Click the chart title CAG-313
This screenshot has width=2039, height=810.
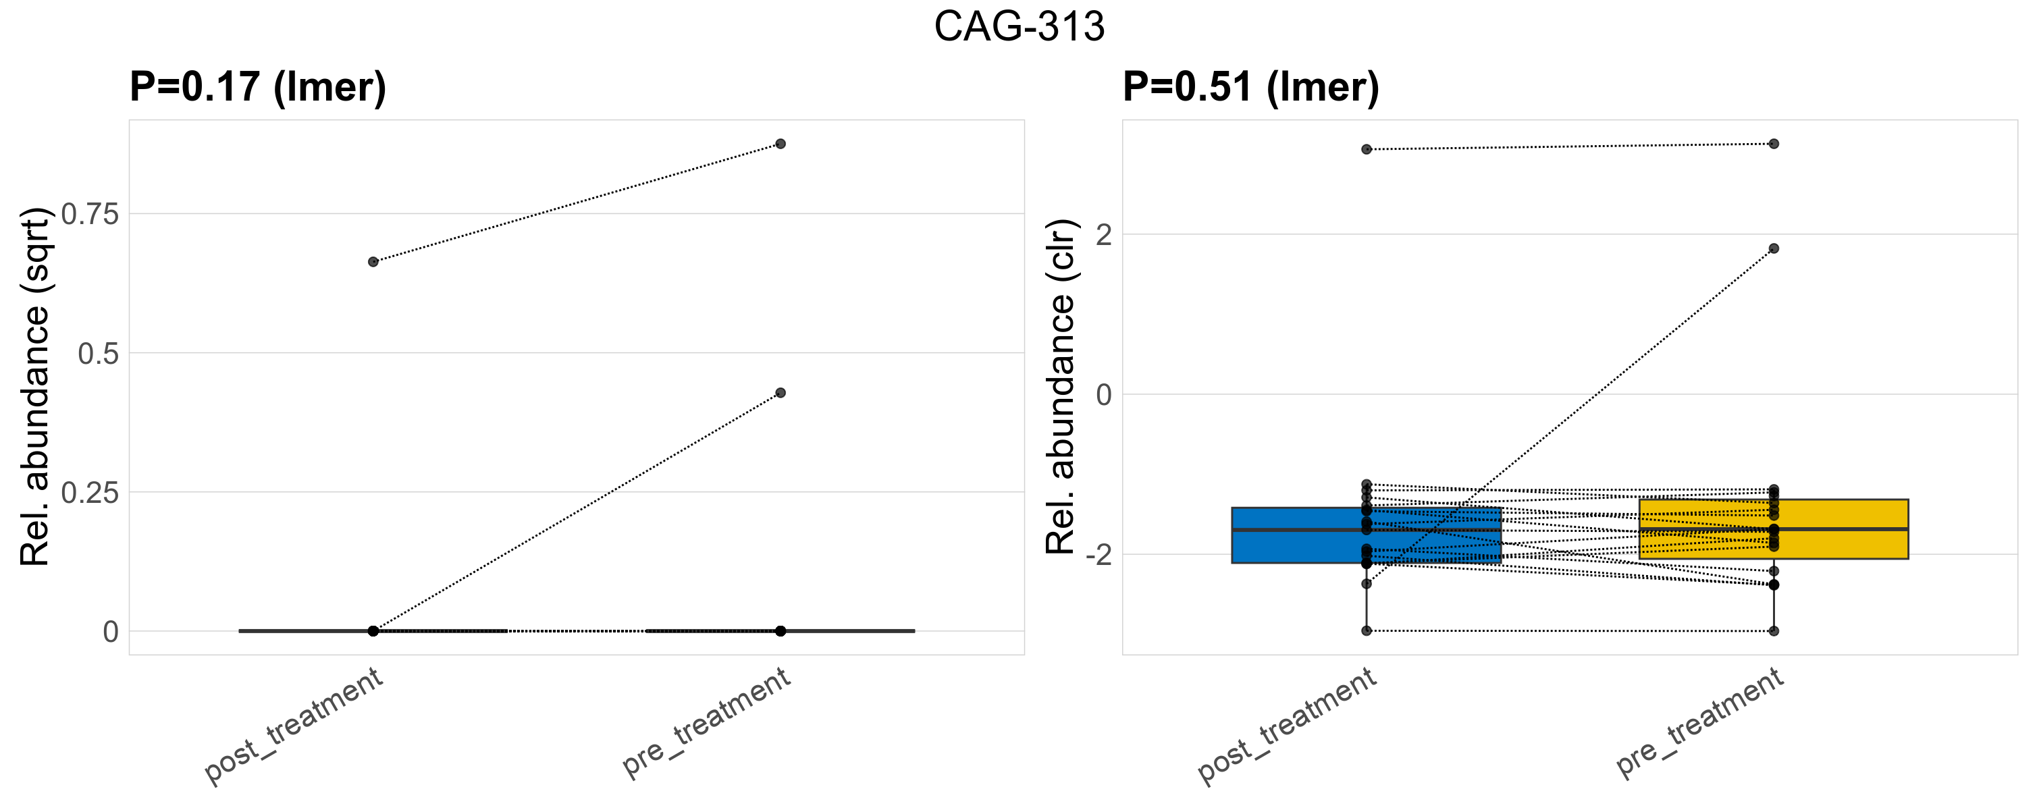tap(1019, 27)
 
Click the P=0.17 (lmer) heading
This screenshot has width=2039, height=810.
tap(258, 86)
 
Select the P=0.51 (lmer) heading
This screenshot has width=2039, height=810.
tap(1250, 86)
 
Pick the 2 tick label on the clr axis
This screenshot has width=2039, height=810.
tap(1103, 234)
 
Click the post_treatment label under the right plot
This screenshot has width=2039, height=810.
tap(1287, 726)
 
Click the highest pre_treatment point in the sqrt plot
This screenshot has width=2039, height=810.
tap(780, 144)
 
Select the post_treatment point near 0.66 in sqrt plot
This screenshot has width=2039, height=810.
tap(373, 262)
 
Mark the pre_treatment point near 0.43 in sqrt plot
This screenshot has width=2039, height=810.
tap(780, 393)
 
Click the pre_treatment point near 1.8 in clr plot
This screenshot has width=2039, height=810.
tap(1774, 248)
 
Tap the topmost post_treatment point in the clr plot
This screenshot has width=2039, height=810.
tap(1367, 149)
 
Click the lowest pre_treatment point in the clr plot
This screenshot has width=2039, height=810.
tap(1774, 631)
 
